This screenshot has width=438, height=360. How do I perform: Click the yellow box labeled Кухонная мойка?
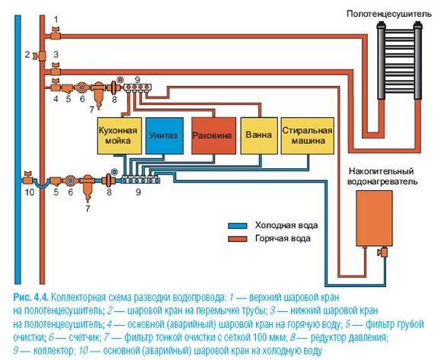pyautogui.click(x=120, y=135)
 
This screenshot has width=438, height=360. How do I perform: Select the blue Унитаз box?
pyautogui.click(x=165, y=135)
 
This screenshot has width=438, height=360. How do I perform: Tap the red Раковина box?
pyautogui.click(x=214, y=135)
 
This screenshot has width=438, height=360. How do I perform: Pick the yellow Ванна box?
pyautogui.click(x=259, y=135)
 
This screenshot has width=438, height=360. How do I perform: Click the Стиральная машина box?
pyautogui.click(x=307, y=135)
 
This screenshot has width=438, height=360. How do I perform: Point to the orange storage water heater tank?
pyautogui.click(x=374, y=218)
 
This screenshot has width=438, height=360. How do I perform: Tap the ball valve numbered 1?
pyautogui.click(x=56, y=33)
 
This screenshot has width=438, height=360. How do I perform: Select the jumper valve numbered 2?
pyautogui.click(x=39, y=56)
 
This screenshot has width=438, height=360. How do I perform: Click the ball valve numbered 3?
pyautogui.click(x=56, y=69)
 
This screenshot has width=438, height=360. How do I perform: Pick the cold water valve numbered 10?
pyautogui.click(x=27, y=177)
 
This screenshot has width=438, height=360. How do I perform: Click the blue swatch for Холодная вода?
pyautogui.click(x=238, y=226)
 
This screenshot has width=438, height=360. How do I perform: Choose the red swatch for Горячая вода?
pyautogui.click(x=238, y=239)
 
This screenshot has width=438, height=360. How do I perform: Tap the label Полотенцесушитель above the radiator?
pyautogui.click(x=389, y=14)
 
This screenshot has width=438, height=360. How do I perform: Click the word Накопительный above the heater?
pyautogui.click(x=381, y=170)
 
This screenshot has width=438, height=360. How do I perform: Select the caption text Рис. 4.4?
pyautogui.click(x=30, y=297)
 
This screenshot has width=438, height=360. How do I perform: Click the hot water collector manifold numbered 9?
pyautogui.click(x=137, y=87)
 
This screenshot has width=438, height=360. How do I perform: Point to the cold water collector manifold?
pyautogui.click(x=141, y=179)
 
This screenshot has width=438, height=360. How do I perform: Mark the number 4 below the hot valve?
pyautogui.click(x=56, y=98)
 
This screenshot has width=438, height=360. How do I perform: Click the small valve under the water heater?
pyautogui.click(x=383, y=252)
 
